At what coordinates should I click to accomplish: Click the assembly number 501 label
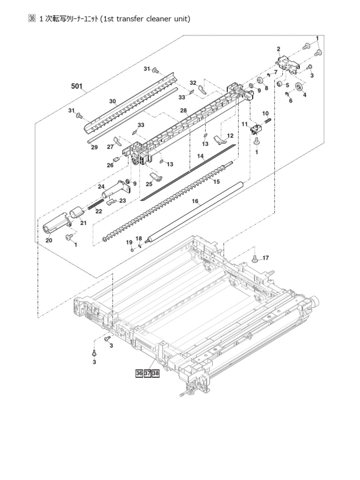77,86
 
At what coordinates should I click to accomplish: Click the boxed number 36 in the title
32,19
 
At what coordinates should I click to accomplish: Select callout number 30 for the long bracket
112,101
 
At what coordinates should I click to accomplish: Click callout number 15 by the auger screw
217,181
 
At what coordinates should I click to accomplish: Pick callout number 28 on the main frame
183,111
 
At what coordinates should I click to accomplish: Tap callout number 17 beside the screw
265,257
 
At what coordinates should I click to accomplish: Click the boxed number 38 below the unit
155,373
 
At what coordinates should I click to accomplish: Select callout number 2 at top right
278,49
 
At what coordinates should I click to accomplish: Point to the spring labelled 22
96,204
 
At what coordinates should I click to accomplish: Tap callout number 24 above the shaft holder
101,187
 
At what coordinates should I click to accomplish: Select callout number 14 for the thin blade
200,156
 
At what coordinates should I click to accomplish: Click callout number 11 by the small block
244,124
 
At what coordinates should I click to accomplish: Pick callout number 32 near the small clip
193,82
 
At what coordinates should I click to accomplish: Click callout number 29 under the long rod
94,147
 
